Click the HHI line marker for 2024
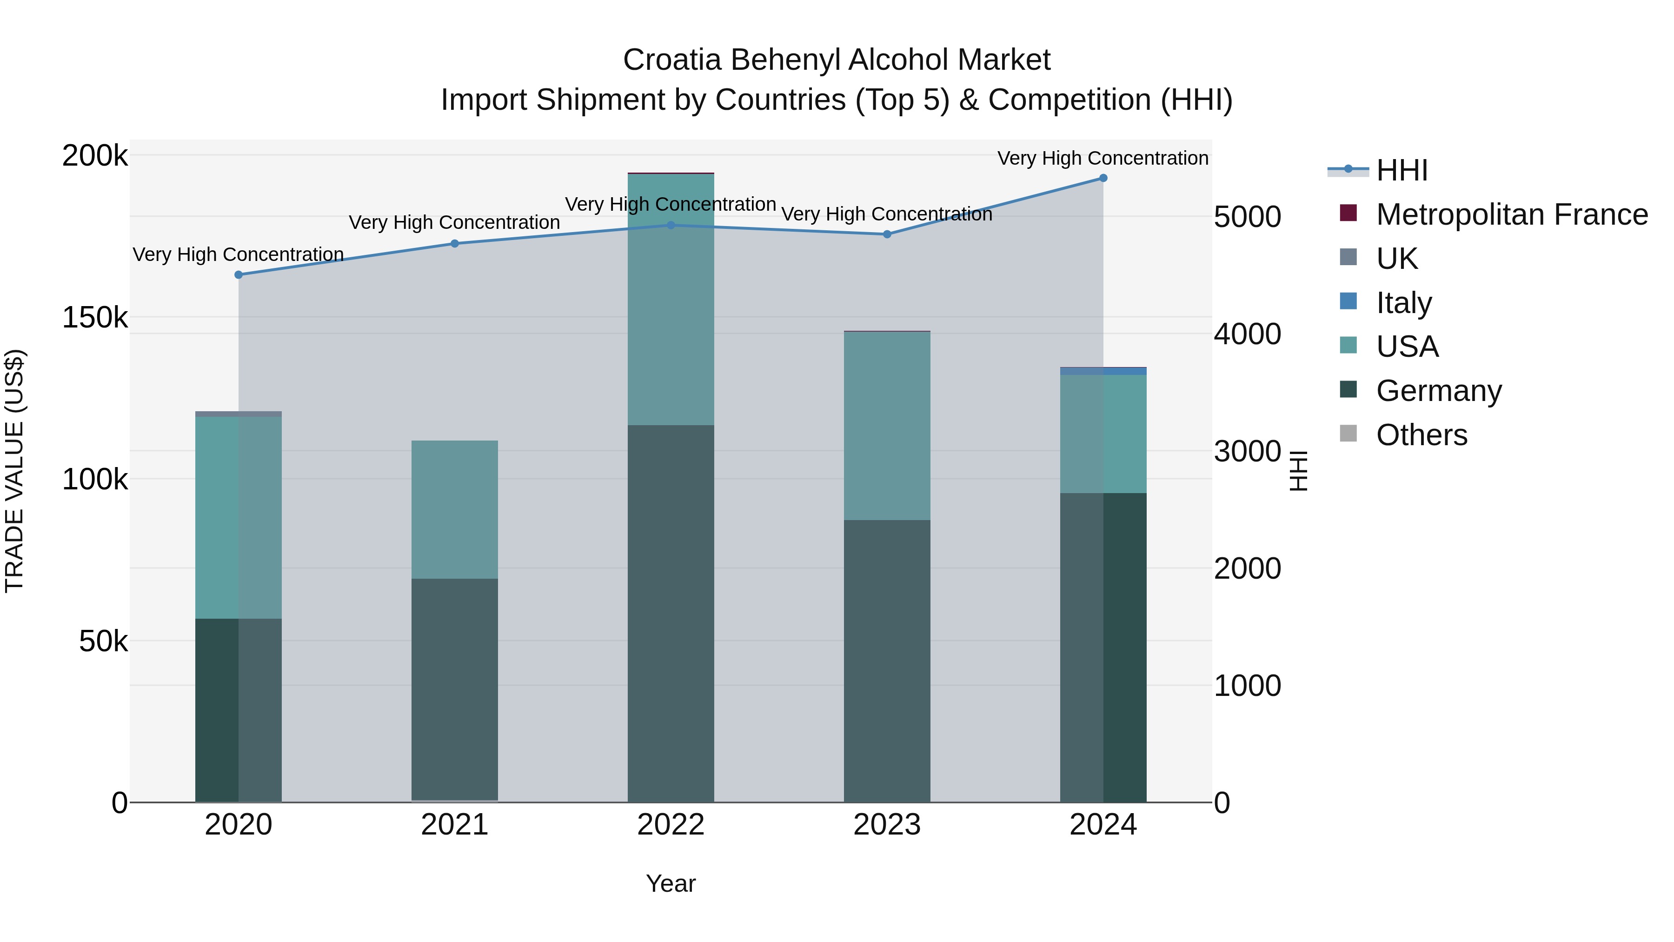pyautogui.click(x=1103, y=178)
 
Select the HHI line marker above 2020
pyautogui.click(x=239, y=275)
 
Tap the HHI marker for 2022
pyautogui.click(x=671, y=226)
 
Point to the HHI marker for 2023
pyautogui.click(x=887, y=234)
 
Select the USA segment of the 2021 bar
pyautogui.click(x=454, y=510)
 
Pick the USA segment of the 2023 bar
pyautogui.click(x=887, y=426)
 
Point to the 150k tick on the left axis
pyautogui.click(x=95, y=318)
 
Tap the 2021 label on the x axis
pyautogui.click(x=454, y=825)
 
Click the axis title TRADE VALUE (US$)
pyautogui.click(x=14, y=471)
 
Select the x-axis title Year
pyautogui.click(x=671, y=883)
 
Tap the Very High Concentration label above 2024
pyautogui.click(x=1103, y=158)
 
